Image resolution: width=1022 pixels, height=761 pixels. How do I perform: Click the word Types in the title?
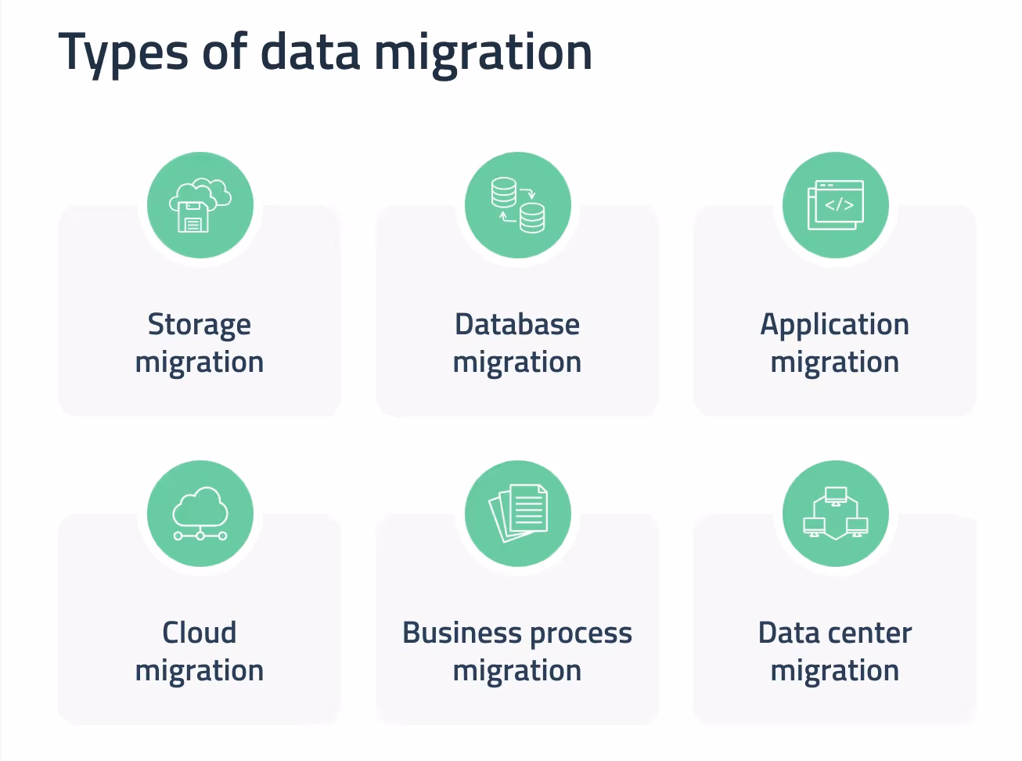pyautogui.click(x=124, y=53)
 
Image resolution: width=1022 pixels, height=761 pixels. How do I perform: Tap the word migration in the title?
pyautogui.click(x=483, y=53)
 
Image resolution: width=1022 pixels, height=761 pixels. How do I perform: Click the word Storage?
pyautogui.click(x=200, y=325)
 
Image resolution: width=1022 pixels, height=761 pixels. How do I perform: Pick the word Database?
pyautogui.click(x=517, y=324)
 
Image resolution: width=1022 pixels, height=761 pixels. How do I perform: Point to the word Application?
pyautogui.click(x=834, y=325)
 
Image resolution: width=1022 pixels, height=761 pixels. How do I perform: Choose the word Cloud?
pyautogui.click(x=200, y=633)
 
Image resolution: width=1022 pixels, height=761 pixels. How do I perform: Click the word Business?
pyautogui.click(x=462, y=633)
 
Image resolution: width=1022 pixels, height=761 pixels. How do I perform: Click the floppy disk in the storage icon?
pyautogui.click(x=193, y=218)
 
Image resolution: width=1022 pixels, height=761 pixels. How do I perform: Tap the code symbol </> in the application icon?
pyautogui.click(x=840, y=205)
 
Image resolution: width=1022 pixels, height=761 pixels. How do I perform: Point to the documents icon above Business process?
pyautogui.click(x=518, y=514)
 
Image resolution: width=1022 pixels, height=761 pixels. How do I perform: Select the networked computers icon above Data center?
pyautogui.click(x=836, y=514)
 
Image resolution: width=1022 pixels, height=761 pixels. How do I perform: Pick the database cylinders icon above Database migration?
pyautogui.click(x=518, y=205)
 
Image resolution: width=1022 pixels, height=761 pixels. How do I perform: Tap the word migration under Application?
pyautogui.click(x=834, y=363)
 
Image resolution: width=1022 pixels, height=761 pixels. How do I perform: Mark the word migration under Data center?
pyautogui.click(x=834, y=672)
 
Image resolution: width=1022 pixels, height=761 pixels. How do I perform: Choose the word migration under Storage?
pyautogui.click(x=200, y=363)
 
